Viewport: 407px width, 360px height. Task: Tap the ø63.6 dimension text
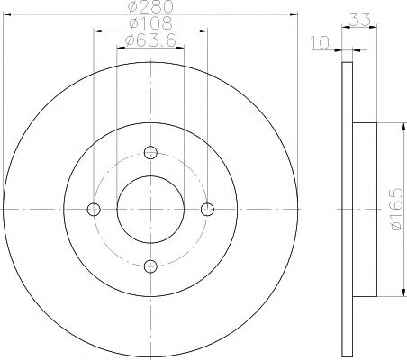[149, 40]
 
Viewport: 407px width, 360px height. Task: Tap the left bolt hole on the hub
[93, 209]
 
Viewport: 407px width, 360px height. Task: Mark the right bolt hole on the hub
[207, 209]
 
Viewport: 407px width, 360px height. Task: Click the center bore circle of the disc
[150, 209]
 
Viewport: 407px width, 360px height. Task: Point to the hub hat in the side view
[363, 209]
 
